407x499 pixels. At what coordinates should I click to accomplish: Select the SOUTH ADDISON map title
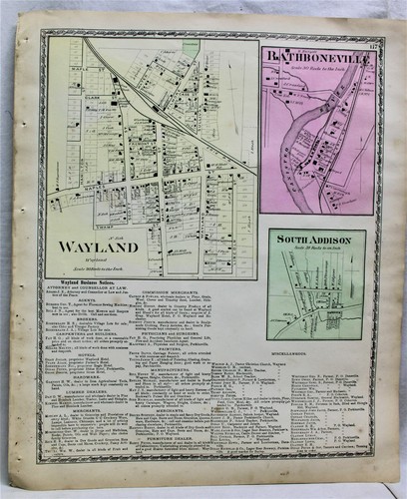point(317,239)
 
